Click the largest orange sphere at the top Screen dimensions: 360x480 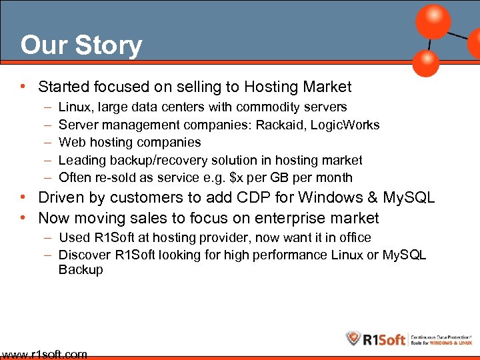coord(433,21)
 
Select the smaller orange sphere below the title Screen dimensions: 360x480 coord(425,63)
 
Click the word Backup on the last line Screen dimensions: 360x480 coord(81,270)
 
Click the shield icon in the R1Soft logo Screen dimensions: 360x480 coord(353,339)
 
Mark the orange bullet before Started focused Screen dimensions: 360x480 coord(24,87)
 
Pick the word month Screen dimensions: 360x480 coord(334,177)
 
